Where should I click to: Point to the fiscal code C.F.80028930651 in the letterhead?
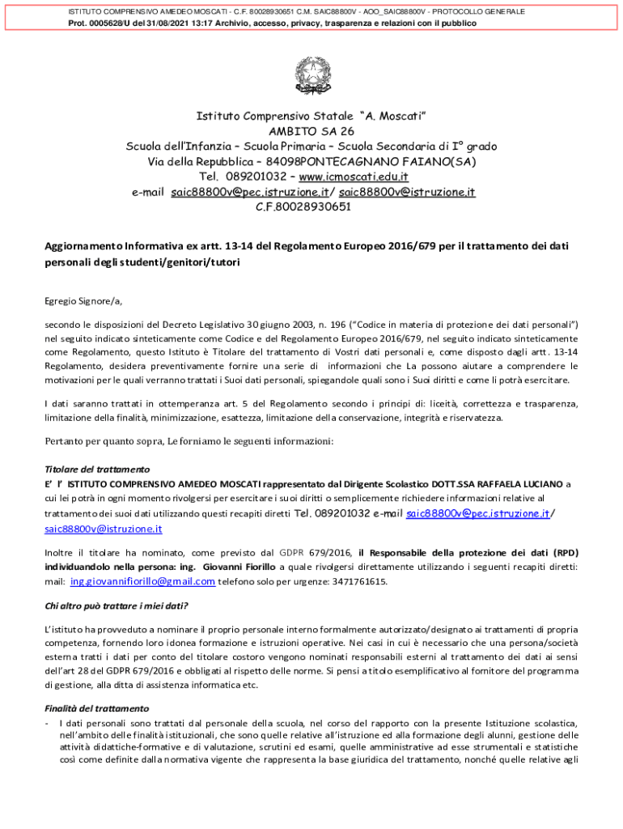(303, 206)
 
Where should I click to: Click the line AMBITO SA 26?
(311, 131)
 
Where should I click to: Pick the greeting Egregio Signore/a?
(83, 301)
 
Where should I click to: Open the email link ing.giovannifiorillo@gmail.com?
(142, 581)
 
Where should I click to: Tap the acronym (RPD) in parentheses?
(566, 553)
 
